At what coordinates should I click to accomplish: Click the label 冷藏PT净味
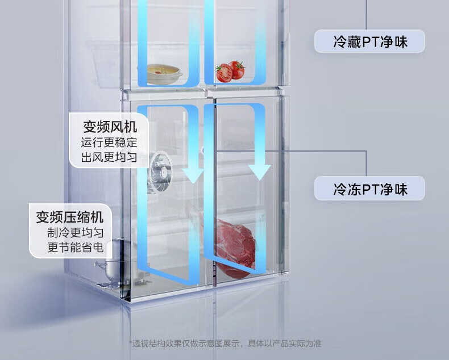370,41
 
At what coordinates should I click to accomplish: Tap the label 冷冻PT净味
370,189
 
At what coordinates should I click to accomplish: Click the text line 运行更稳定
110,142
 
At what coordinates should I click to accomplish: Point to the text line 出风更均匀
110,157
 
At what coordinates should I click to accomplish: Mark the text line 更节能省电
76,248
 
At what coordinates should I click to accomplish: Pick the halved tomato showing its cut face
224,73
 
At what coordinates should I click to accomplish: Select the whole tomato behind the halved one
236,69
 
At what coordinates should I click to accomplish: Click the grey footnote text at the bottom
226,344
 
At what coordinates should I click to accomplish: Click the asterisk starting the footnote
130,343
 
